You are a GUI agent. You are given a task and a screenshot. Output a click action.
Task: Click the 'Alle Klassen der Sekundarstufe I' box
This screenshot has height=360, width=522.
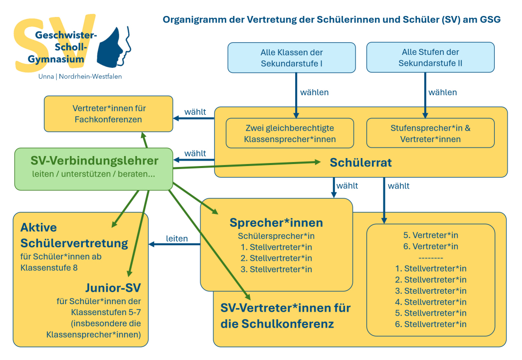(x=292, y=58)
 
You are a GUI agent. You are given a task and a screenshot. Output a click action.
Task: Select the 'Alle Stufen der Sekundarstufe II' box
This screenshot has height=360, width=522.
(x=430, y=58)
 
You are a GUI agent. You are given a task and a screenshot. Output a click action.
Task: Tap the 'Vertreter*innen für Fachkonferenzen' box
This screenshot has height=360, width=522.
(x=108, y=114)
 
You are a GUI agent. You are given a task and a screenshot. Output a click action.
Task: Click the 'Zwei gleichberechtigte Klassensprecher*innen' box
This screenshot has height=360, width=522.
(x=290, y=133)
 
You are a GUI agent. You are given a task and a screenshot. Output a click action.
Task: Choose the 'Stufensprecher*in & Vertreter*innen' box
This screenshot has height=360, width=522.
(x=430, y=133)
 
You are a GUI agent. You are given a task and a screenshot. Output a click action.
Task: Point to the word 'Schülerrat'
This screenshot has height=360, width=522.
(x=360, y=163)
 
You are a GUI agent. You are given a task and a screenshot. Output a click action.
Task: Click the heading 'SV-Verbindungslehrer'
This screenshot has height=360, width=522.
(x=94, y=161)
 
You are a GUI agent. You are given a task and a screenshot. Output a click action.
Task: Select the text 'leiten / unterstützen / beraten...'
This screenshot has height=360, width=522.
(x=94, y=175)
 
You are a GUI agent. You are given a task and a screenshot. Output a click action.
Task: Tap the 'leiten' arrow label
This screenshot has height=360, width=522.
(x=177, y=238)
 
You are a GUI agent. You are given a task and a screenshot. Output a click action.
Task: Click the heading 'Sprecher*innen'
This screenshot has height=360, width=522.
(x=276, y=222)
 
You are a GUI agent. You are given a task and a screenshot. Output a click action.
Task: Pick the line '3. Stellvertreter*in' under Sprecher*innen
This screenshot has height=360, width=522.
(x=276, y=269)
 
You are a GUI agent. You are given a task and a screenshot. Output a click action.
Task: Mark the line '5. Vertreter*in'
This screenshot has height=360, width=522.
(x=430, y=235)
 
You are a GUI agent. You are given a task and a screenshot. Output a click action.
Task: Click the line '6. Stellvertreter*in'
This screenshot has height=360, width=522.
(x=430, y=324)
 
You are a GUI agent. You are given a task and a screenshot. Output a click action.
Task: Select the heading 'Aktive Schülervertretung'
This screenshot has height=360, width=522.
(x=74, y=235)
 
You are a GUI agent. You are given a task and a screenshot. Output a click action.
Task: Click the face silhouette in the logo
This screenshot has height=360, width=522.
(x=114, y=47)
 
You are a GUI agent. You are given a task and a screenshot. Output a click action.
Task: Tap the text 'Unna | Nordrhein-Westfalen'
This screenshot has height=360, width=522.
(x=80, y=76)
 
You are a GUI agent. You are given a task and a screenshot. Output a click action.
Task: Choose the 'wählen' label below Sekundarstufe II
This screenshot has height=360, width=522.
(x=443, y=92)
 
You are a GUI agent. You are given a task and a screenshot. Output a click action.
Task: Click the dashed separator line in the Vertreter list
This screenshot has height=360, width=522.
(x=430, y=257)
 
